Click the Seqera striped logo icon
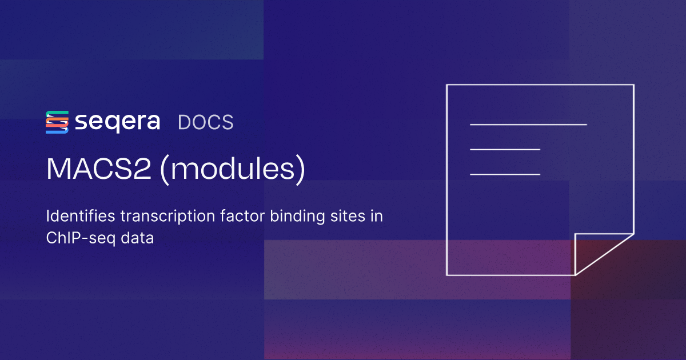(x=57, y=122)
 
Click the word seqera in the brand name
(x=117, y=122)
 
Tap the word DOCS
(x=206, y=122)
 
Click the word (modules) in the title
(x=232, y=170)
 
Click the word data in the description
(x=138, y=238)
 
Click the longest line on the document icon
(x=528, y=124)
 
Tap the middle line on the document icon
(x=505, y=149)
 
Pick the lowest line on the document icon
(x=505, y=174)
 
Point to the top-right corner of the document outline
(x=633, y=85)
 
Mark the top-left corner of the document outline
(x=447, y=85)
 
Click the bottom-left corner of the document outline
(x=447, y=274)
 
